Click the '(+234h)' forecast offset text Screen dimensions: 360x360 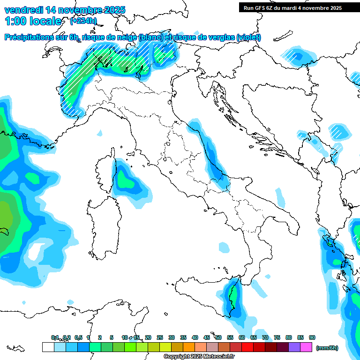(x=83, y=21)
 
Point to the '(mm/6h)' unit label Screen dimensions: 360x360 (x=327, y=348)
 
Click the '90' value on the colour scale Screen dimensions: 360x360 (x=312, y=337)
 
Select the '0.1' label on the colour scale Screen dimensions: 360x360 (x=55, y=337)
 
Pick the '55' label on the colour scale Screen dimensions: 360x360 (x=230, y=337)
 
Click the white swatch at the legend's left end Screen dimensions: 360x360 (x=48, y=347)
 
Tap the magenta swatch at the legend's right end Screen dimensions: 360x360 (x=306, y=347)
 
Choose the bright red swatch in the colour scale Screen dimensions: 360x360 (x=247, y=347)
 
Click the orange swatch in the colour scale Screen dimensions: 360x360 (x=188, y=347)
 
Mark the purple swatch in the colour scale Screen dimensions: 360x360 (x=294, y=347)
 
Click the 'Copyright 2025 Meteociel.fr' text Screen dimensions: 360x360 (x=199, y=357)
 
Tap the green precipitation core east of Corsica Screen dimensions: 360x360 (x=125, y=180)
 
